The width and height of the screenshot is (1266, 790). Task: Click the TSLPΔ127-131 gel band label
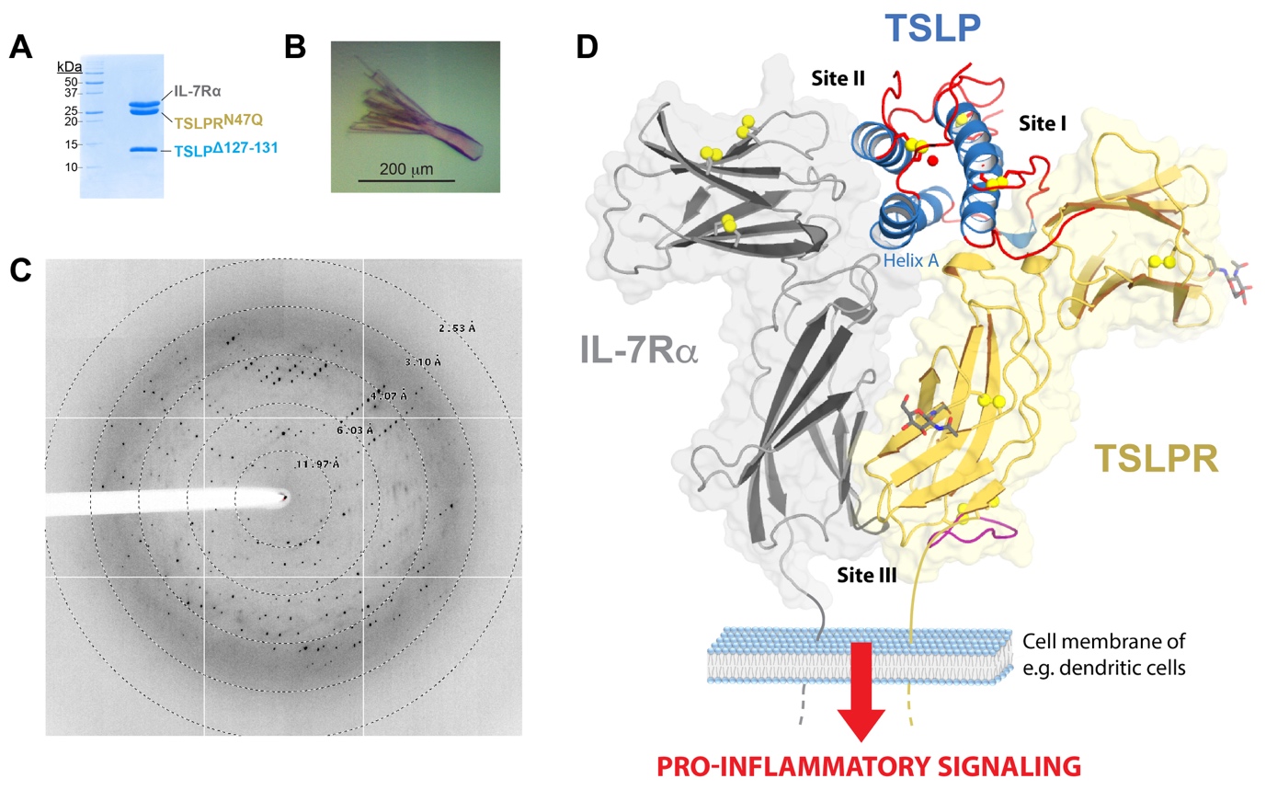pyautogui.click(x=220, y=153)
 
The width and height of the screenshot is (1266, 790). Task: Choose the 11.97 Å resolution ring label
pyautogui.click(x=318, y=464)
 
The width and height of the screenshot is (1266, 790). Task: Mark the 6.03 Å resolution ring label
pyautogui.click(x=355, y=429)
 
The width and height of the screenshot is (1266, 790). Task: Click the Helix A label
pyautogui.click(x=910, y=261)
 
